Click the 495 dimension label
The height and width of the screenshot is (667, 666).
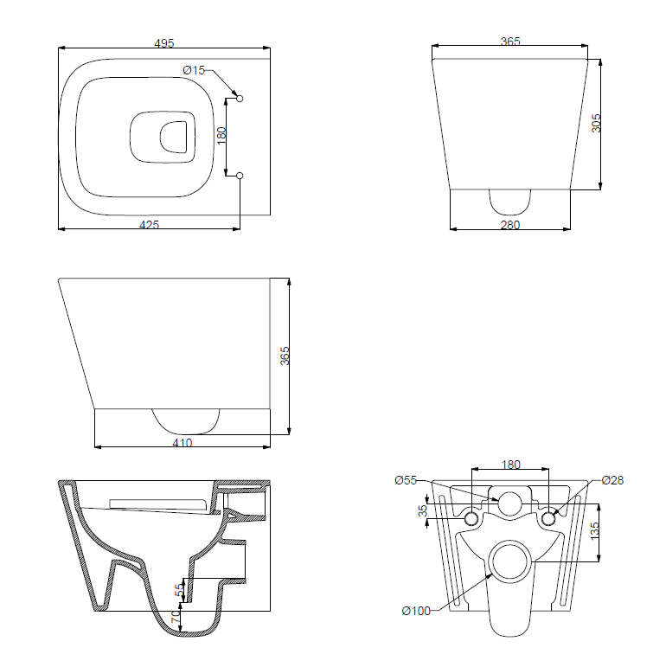[164, 43]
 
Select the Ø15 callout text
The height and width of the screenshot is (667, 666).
[194, 70]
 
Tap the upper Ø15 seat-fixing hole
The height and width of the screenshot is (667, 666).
[240, 99]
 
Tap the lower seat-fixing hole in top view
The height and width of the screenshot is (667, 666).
[240, 176]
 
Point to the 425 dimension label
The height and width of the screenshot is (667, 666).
[150, 225]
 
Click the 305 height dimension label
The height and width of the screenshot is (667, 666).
[596, 123]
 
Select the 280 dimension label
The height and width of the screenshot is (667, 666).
[510, 225]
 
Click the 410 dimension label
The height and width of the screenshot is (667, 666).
[182, 443]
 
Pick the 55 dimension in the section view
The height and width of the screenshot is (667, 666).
[179, 589]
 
